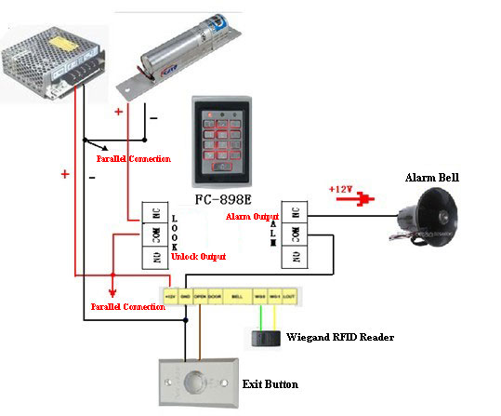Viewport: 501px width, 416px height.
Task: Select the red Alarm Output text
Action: point(254,216)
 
